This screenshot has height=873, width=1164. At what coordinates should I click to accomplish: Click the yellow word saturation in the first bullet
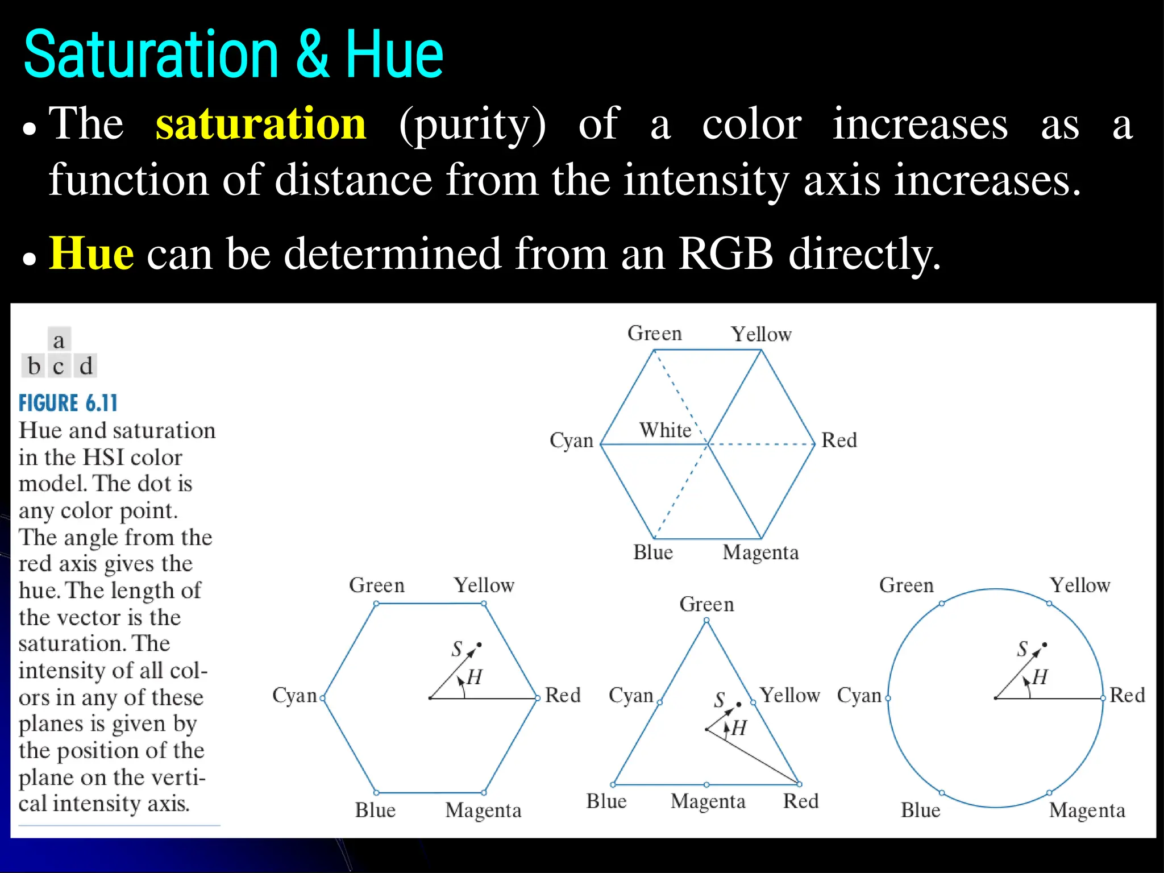[261, 124]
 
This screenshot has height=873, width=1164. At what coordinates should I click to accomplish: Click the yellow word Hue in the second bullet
[92, 253]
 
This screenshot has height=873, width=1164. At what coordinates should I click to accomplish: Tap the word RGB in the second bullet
[725, 253]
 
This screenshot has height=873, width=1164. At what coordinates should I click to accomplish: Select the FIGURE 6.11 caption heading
[68, 404]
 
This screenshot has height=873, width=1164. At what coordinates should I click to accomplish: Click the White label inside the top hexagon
[665, 430]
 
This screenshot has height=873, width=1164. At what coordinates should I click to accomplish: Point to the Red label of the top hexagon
[839, 440]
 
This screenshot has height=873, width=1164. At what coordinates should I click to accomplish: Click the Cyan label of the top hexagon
[571, 441]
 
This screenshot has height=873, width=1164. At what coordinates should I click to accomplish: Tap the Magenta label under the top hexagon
[760, 552]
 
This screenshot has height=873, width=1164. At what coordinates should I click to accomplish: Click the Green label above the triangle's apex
[706, 604]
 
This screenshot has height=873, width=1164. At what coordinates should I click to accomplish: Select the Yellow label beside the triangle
[790, 695]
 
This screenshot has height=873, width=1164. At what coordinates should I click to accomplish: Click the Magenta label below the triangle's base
[708, 801]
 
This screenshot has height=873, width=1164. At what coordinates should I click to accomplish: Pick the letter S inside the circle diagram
[1022, 649]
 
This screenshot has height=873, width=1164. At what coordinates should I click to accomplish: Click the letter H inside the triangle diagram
[739, 728]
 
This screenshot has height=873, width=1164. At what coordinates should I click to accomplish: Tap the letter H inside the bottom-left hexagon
[475, 677]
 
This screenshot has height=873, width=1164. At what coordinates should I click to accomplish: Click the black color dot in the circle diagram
[1045, 645]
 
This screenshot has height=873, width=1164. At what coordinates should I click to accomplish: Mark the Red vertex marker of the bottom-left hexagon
[537, 698]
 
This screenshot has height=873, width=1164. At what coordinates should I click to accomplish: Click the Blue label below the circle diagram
[920, 810]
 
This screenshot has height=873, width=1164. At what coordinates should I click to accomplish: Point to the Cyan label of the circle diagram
[859, 696]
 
